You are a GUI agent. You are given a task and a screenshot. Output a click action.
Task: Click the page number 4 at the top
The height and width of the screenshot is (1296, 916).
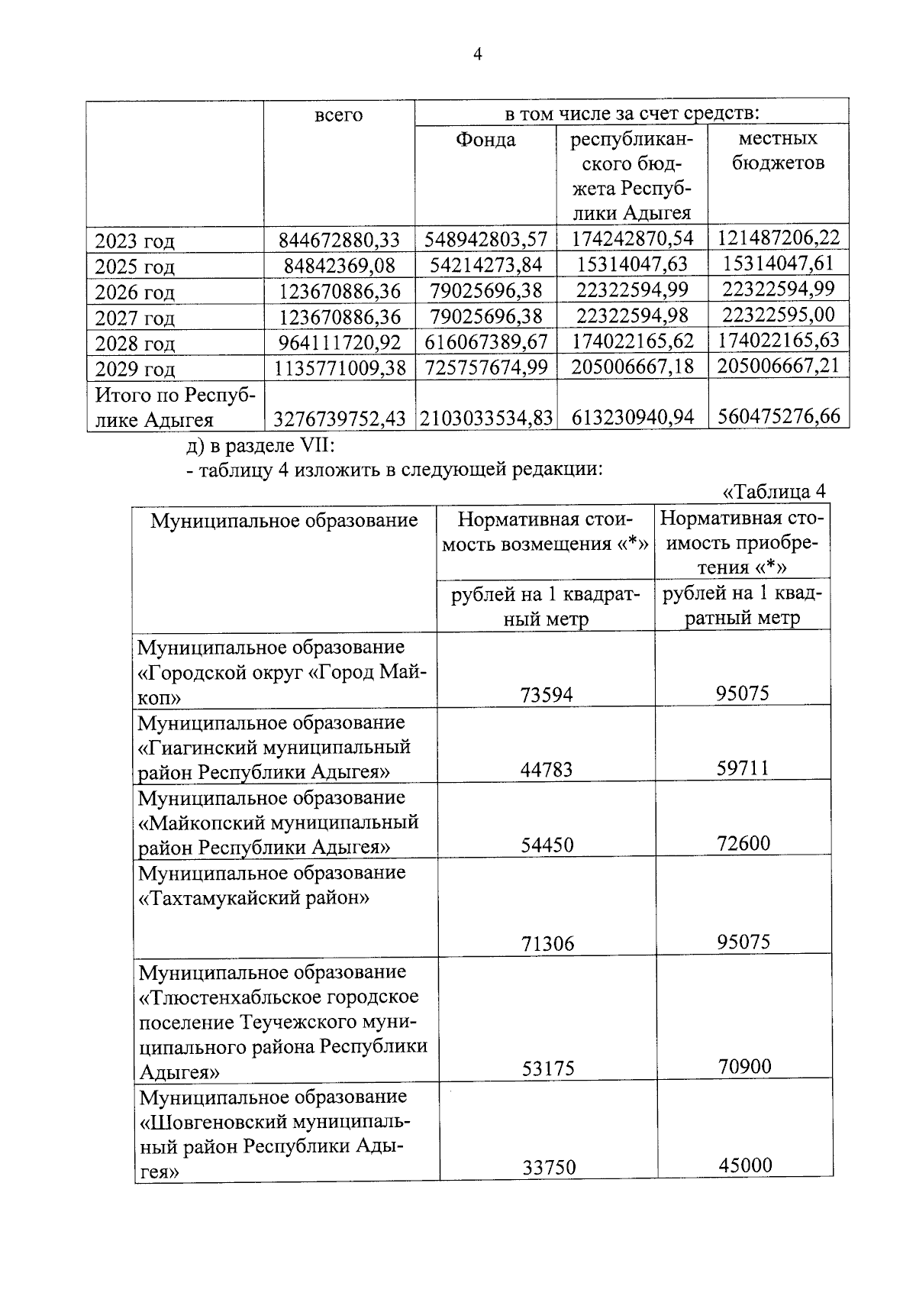[478, 54]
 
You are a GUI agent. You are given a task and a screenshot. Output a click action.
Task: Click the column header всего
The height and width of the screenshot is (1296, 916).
[338, 116]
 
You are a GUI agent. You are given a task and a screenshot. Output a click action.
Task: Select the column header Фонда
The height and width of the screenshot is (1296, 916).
[485, 141]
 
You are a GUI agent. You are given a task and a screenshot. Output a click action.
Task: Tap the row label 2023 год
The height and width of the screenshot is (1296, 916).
[134, 241]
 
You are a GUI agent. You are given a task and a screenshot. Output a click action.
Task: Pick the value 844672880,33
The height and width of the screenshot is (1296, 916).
[339, 241]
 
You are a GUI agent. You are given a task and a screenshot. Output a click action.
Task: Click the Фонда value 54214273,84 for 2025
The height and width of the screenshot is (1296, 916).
[486, 265]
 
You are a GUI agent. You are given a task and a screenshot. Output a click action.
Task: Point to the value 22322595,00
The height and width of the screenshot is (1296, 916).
[779, 315]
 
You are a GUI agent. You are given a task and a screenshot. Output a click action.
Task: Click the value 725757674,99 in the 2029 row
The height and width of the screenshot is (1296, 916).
[486, 367]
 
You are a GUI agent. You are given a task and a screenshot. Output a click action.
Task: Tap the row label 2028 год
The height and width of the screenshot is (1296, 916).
[134, 344]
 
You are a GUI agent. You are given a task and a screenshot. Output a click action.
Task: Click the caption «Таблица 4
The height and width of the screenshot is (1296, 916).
[773, 491]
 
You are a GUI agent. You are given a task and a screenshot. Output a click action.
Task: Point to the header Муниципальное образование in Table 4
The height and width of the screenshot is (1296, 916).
[284, 521]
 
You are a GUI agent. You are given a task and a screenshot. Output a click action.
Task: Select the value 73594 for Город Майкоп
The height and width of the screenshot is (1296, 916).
[546, 694]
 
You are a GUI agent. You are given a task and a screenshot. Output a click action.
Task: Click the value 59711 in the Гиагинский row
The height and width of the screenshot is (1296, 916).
[742, 768]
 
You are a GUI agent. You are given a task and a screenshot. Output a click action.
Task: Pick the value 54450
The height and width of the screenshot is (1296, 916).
[547, 845]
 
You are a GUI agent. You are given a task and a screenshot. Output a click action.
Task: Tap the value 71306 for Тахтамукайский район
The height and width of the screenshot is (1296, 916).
[547, 944]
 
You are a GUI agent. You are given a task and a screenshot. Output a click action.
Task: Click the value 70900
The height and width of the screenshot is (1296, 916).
[744, 1066]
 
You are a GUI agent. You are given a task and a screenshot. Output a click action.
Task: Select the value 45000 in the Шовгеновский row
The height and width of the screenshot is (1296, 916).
[745, 1165]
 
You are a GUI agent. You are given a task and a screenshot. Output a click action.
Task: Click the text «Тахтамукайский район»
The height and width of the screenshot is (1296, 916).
[253, 898]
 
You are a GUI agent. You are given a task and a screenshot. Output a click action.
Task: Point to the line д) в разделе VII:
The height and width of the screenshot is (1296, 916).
[256, 445]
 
